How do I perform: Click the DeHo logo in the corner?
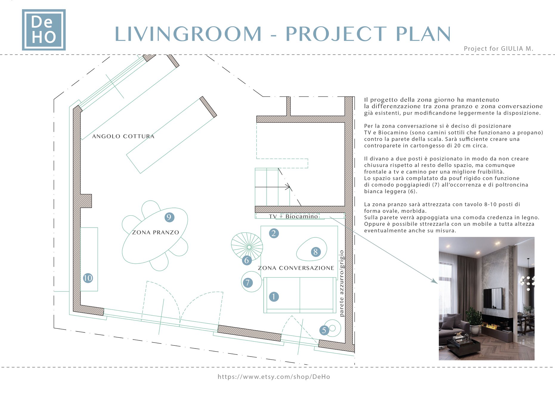coord(44,30)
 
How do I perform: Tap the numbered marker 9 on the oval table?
coord(169,217)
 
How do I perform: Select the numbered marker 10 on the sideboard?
coord(88,278)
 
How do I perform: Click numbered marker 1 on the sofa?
coord(274,297)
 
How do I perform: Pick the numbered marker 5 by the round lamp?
coord(324,330)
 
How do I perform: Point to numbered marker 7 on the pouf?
coord(248,283)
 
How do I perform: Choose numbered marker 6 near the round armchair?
coord(247,260)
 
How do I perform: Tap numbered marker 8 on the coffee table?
coord(316,252)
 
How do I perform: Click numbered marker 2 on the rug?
coord(274,233)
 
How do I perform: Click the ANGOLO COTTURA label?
coord(123,136)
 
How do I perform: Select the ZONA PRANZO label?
coord(155,232)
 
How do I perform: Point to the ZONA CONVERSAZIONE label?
coord(296,268)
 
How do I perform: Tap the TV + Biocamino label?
coord(293,216)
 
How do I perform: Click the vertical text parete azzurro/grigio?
coord(342,283)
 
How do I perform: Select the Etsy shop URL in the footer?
coord(274,377)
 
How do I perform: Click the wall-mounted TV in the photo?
coord(493,298)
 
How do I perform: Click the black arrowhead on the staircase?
coord(288,187)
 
